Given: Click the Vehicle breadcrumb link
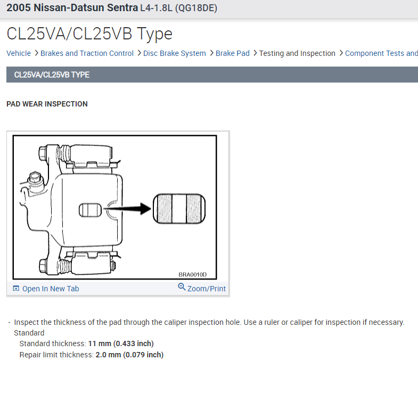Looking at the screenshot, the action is coord(19,53).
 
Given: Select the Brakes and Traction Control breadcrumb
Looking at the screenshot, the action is coord(87,53).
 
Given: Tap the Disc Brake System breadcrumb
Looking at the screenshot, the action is coord(174,53).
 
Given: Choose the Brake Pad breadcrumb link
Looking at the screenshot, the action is coord(232,53).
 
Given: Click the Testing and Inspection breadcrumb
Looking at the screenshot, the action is coord(297,53).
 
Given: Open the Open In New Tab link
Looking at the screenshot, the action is coord(51,289).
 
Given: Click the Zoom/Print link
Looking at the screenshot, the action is coord(206,289).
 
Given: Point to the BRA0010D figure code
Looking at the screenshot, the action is coord(192,275).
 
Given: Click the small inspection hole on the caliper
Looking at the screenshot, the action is coord(90,210).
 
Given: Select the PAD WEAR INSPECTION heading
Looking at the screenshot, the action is coord(47,104).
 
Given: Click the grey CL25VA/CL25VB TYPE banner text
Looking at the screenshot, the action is coord(52,75).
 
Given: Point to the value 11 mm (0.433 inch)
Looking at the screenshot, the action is coord(121,343).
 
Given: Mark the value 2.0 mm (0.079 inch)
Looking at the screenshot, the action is coord(129,355).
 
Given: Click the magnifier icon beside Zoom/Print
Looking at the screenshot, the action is coord(182,288).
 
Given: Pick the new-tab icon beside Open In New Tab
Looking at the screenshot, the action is coord(16,289).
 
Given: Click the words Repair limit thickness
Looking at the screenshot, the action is coord(56,355).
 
